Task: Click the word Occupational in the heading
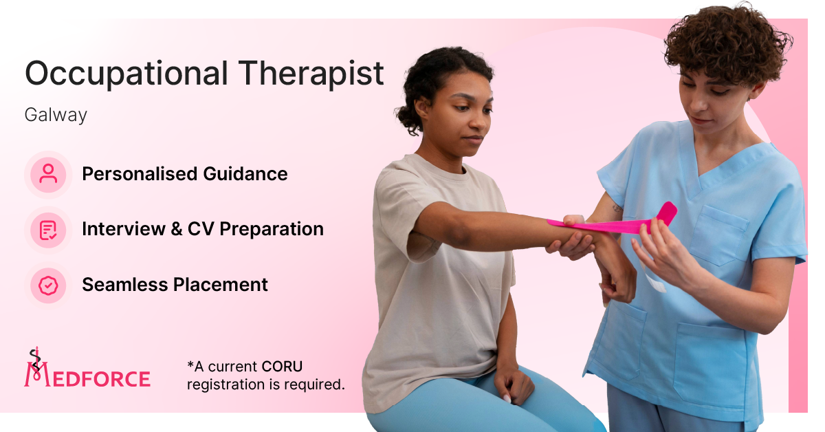click(126, 74)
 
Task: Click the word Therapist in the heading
click(311, 74)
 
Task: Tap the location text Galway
click(56, 115)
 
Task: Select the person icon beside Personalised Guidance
click(48, 174)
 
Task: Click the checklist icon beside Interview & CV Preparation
click(48, 230)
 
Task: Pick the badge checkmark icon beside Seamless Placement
click(48, 285)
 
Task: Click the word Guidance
click(245, 174)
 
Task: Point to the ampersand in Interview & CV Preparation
click(177, 229)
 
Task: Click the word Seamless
click(125, 285)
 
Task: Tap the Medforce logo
click(87, 368)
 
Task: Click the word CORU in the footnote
click(282, 367)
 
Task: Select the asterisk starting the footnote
click(190, 364)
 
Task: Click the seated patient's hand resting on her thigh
click(514, 383)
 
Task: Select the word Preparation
click(272, 229)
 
